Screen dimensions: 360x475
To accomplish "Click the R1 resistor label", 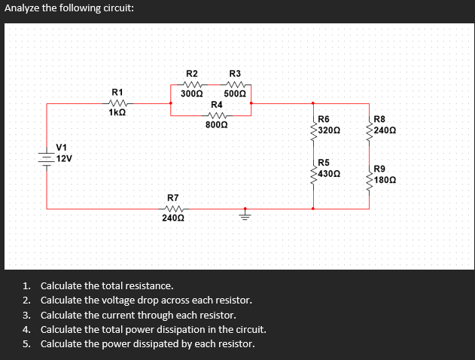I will [x=117, y=92].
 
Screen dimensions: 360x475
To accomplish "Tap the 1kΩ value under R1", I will [x=117, y=112].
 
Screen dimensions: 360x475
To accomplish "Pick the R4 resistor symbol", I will [x=217, y=115].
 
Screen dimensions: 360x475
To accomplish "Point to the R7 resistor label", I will [x=172, y=197].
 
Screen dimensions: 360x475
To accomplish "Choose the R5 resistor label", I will [x=324, y=163].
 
